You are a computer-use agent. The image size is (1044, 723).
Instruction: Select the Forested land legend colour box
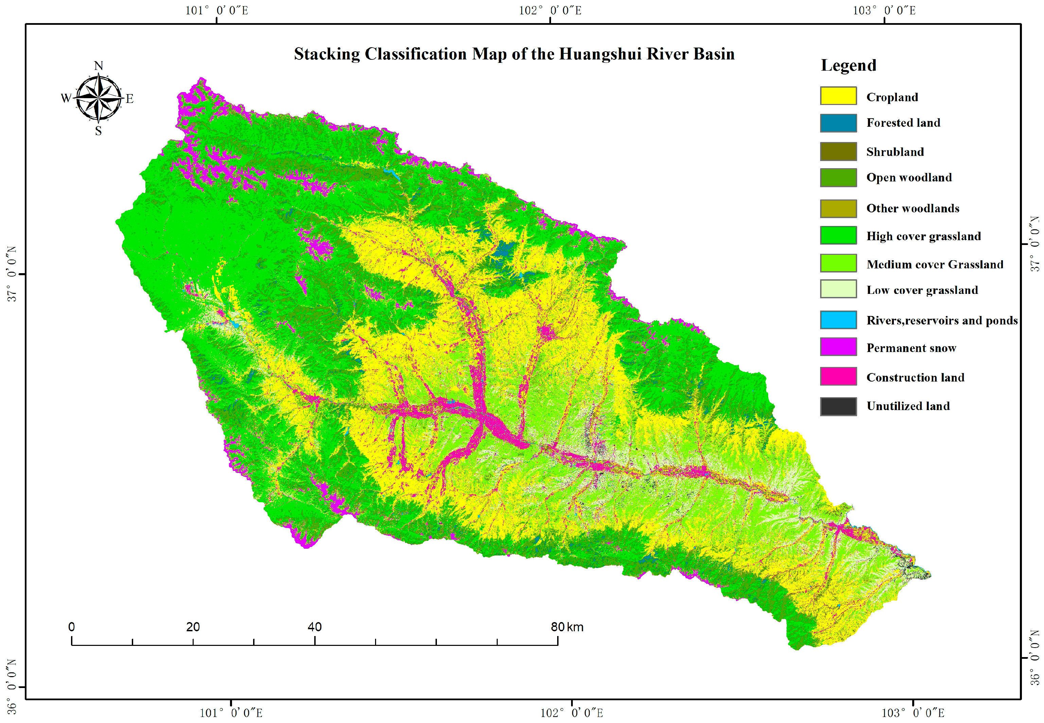838,123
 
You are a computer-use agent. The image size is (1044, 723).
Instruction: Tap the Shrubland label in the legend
895,152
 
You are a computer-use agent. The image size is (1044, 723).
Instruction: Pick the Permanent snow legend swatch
838,347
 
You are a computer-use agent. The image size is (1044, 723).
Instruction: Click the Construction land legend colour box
838,376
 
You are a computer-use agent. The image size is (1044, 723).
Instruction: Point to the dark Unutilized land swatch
838,406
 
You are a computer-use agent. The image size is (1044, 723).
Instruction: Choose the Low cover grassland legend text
922,290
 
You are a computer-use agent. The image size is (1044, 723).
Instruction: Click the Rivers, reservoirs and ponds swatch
838,320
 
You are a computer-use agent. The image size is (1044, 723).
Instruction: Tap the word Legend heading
848,65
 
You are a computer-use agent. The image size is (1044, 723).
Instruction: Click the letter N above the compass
98,66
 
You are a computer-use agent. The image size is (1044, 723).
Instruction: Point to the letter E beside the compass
129,98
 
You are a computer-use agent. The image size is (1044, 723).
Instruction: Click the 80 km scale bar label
567,627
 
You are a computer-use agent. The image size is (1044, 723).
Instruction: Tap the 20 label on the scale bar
193,627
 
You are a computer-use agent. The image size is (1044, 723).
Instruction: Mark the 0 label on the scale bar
72,627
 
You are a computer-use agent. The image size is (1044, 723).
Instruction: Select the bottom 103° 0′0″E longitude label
913,712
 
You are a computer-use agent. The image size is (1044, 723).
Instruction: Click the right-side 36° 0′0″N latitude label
1035,657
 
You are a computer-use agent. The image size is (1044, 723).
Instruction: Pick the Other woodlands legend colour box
838,208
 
